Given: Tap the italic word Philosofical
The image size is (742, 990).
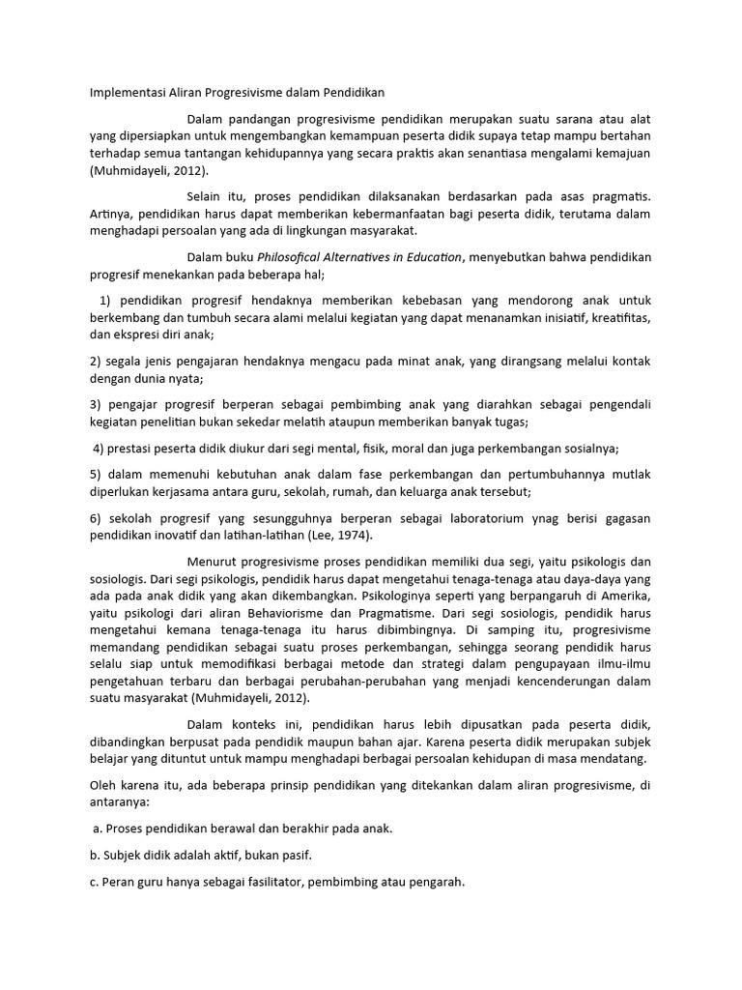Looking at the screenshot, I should (295, 257).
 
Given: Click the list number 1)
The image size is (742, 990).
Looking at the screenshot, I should (106, 299).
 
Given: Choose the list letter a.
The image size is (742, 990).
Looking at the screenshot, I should (97, 829).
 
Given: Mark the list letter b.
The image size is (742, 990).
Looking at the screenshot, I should (95, 856).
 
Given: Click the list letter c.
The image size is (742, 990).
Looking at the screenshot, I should (94, 882).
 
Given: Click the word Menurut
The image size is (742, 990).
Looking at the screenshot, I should (213, 562).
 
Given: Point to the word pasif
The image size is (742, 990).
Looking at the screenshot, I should (300, 856).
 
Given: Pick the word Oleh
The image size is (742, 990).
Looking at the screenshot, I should (103, 785).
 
